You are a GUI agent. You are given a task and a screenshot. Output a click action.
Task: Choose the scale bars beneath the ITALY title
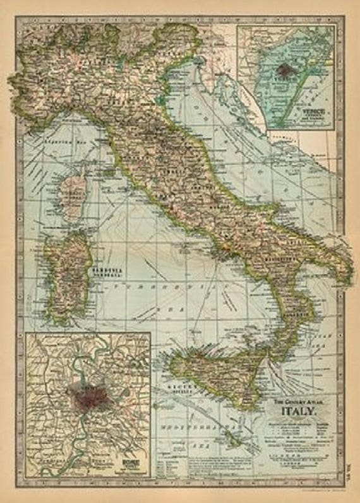coord(296,461)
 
